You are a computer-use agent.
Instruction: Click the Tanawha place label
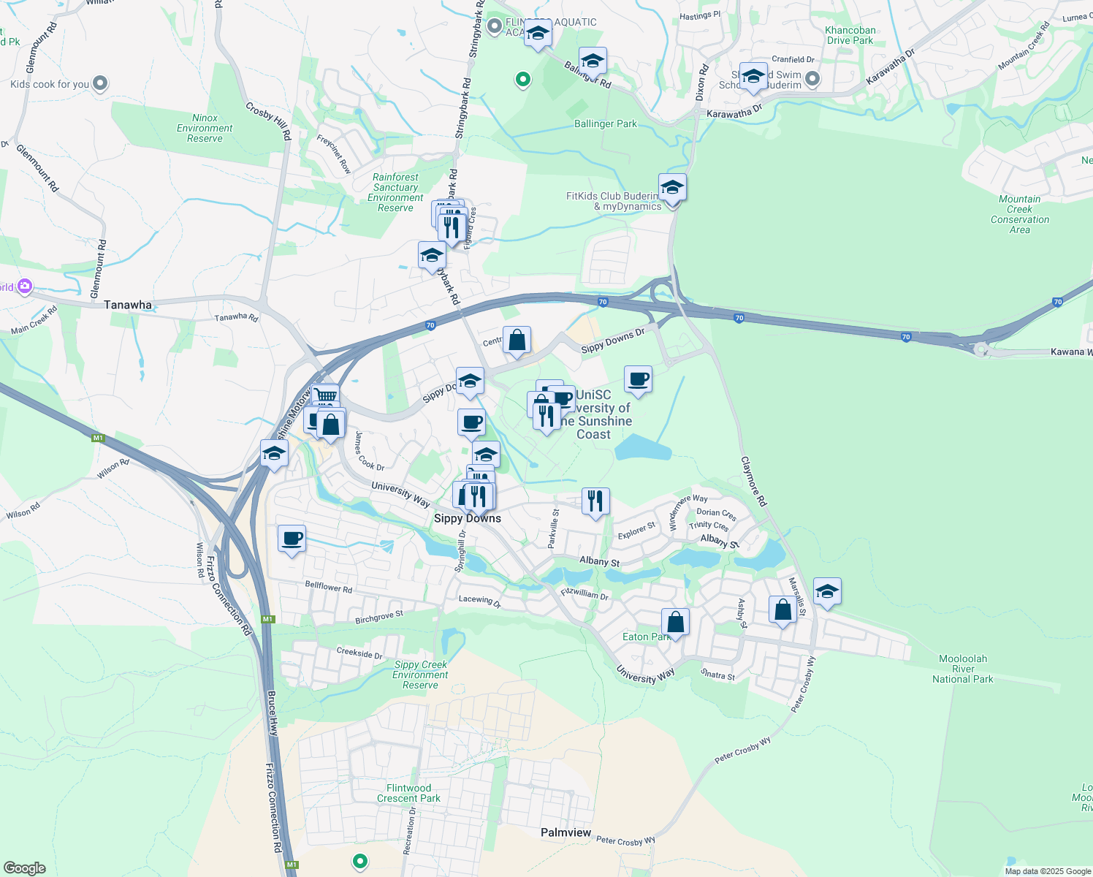tap(128, 305)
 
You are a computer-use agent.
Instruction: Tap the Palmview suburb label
tap(565, 832)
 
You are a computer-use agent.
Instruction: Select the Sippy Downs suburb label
tap(468, 518)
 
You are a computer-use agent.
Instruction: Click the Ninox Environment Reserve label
tap(205, 128)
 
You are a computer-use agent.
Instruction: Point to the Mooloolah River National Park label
tap(962, 669)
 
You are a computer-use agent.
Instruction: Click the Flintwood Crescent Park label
tap(408, 793)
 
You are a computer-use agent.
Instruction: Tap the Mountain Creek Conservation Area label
tap(1019, 214)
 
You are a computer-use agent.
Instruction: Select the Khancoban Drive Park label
tap(850, 35)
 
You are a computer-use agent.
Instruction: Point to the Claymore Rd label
tap(753, 482)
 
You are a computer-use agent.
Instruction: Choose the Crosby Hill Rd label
tap(268, 121)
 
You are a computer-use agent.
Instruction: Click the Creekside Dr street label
tap(359, 653)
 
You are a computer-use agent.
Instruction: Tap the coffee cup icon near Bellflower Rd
tap(292, 539)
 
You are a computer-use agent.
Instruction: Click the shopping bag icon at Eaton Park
tap(675, 622)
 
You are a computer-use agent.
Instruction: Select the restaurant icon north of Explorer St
tap(595, 501)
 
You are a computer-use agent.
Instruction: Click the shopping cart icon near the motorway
tap(325, 395)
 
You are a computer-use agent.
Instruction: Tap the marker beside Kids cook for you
tap(100, 83)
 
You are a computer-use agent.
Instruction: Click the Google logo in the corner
tap(24, 867)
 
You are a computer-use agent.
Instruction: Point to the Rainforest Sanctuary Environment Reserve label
tap(395, 192)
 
